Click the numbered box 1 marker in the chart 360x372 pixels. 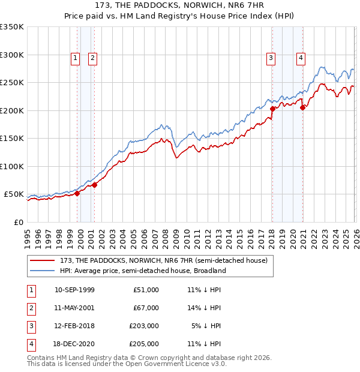click(75, 58)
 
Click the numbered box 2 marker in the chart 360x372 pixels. click(93, 58)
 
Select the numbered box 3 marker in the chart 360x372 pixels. click(271, 58)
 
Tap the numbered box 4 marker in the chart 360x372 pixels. click(301, 58)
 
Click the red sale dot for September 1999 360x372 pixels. click(77, 194)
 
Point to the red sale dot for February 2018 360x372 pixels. click(272, 109)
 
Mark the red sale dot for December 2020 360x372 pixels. click(303, 107)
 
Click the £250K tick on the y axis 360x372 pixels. click(12, 83)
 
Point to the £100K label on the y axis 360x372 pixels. click(12, 167)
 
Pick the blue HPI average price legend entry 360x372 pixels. click(143, 271)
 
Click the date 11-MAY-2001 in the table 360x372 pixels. click(74, 307)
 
